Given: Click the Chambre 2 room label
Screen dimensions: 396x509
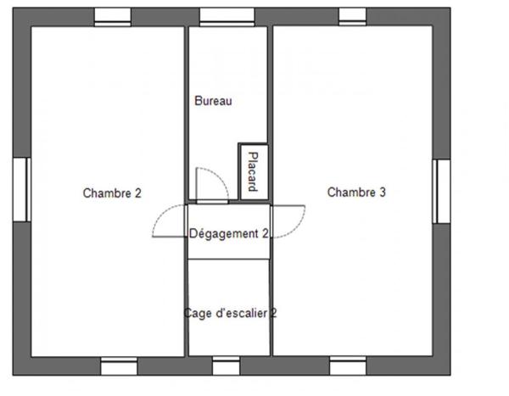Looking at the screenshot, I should pyautogui.click(x=112, y=193).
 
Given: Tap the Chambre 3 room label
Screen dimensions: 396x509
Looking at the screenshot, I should pyautogui.click(x=356, y=192).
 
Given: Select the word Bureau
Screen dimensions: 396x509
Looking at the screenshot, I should pyautogui.click(x=213, y=101).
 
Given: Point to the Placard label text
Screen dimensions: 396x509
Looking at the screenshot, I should pyautogui.click(x=251, y=170).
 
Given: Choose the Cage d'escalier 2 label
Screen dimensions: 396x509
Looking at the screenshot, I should pyautogui.click(x=230, y=313).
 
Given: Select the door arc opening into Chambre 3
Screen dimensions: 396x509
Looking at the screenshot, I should pyautogui.click(x=288, y=222).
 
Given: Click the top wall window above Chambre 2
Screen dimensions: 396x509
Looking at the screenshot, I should pyautogui.click(x=112, y=16).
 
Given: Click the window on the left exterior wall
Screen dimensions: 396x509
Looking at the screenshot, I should pyautogui.click(x=21, y=188).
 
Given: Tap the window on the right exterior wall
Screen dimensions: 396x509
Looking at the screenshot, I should pyautogui.click(x=441, y=190).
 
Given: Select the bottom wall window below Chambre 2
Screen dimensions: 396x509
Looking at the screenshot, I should pyautogui.click(x=119, y=365).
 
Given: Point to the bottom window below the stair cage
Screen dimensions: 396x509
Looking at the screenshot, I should pyautogui.click(x=226, y=365).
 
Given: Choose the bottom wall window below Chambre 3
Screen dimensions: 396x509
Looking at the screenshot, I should pyautogui.click(x=348, y=365).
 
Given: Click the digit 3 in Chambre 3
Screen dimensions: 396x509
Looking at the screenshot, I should pyautogui.click(x=383, y=192).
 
